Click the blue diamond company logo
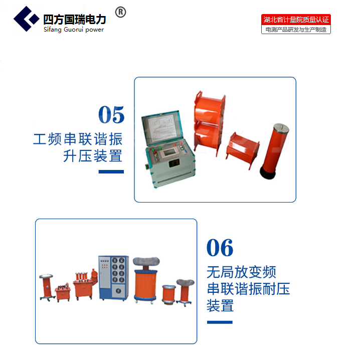27,19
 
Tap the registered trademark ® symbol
120,12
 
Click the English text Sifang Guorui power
74,30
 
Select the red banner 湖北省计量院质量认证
296,20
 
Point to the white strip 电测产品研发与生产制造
296,30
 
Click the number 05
111,114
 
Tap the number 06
220,248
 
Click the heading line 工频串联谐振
78,139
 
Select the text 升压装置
93,156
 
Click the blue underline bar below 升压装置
111,172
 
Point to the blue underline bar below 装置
220,322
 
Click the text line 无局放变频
241,272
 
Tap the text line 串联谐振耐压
248,289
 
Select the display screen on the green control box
169,152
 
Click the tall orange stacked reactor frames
209,123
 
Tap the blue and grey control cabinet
113,278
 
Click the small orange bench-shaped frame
242,150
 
